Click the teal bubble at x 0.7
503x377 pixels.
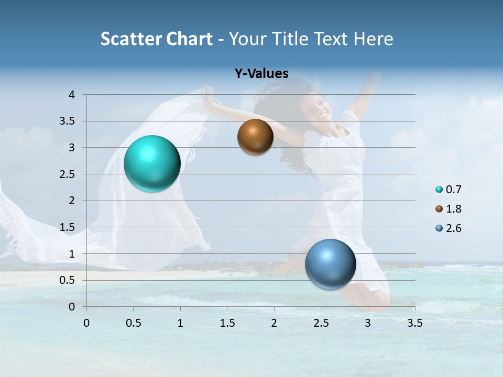(152, 163)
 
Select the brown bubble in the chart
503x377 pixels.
(255, 137)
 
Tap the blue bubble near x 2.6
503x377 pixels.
(330, 264)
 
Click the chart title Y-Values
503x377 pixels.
(261, 74)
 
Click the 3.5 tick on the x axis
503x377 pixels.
(414, 323)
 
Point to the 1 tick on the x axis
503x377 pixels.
(180, 323)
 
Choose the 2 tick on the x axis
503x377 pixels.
(274, 323)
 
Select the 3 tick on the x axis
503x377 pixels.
(368, 323)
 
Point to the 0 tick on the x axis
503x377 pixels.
(86, 323)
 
